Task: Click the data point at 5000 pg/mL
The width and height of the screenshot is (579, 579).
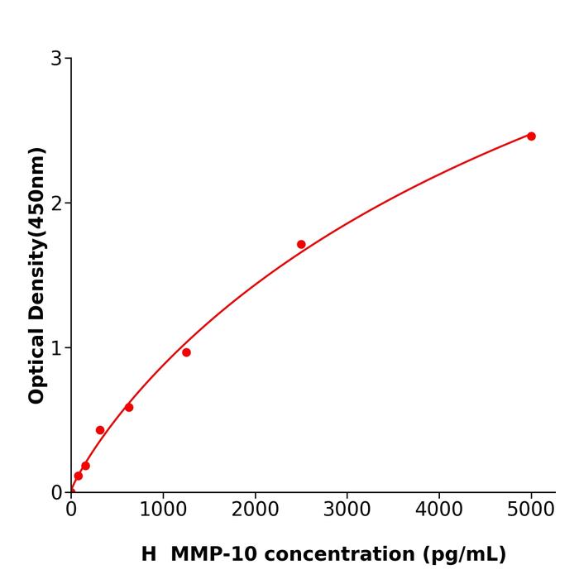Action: [x=531, y=136]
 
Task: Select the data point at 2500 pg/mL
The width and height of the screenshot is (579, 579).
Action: [x=301, y=244]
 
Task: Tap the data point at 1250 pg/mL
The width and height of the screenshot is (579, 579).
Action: [x=186, y=352]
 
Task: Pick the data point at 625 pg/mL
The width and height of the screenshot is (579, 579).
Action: [x=129, y=407]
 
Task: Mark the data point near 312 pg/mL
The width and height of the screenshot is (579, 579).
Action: [x=100, y=430]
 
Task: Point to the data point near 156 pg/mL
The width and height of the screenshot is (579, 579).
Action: [x=85, y=466]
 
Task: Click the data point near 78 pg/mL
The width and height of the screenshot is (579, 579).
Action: [x=78, y=476]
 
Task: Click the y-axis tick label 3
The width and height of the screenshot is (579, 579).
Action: [x=56, y=59]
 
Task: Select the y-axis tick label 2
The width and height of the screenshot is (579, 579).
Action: [x=56, y=203]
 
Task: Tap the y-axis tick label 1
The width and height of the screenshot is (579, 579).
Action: [x=56, y=348]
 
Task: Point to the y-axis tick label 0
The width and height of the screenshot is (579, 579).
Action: [x=56, y=493]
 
